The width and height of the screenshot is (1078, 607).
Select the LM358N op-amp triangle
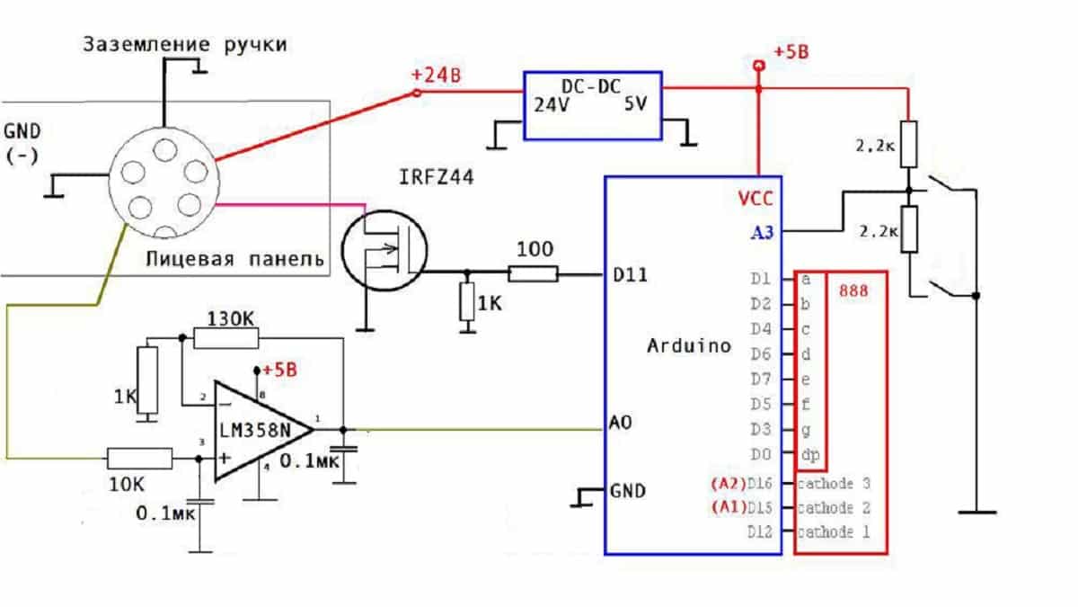coord(261,430)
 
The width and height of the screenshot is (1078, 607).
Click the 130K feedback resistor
coord(225,338)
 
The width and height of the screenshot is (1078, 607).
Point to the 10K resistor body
coord(140,458)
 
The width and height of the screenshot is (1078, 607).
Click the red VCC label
coord(754,199)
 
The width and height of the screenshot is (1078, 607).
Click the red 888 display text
coord(853,292)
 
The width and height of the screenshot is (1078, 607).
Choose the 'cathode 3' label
coord(835,484)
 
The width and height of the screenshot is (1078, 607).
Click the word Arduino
coord(689,345)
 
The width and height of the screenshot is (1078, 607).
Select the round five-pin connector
coord(163,183)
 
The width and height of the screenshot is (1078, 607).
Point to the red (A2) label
coord(727,484)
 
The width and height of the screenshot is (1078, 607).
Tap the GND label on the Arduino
coord(628,491)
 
